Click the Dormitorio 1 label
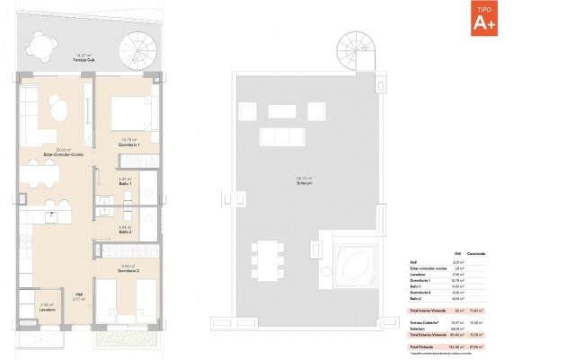click(x=127, y=144)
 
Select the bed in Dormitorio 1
click(x=127, y=114)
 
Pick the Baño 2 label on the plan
click(x=127, y=232)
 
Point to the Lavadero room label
click(x=49, y=310)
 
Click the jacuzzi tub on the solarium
click(x=349, y=264)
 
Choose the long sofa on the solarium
click(x=280, y=137)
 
